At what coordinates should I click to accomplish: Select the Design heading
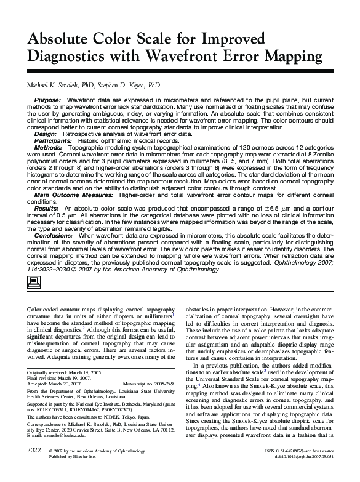[x=46, y=134]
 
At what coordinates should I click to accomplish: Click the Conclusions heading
[x=54, y=235]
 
